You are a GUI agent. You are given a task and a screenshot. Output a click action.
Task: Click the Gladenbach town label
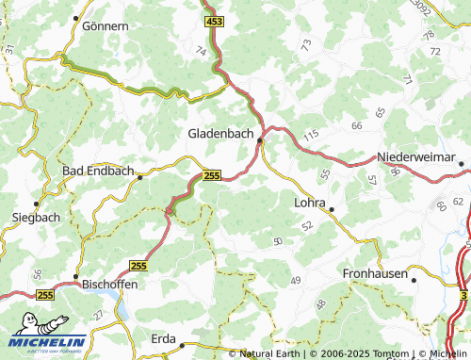pos(220,135)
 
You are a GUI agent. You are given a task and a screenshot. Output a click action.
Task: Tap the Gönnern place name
pos(105,26)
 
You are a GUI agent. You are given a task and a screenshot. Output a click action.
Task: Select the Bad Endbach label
pos(95,172)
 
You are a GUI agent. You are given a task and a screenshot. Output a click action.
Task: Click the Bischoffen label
pos(110,283)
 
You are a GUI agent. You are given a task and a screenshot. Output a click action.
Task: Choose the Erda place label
pos(164,336)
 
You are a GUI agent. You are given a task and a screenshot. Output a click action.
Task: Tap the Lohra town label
pos(309,203)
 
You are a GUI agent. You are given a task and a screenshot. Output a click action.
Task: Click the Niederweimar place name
pos(414,155)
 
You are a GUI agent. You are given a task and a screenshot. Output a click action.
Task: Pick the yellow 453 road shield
pos(214,20)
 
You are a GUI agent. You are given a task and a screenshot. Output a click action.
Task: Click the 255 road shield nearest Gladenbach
pos(212,175)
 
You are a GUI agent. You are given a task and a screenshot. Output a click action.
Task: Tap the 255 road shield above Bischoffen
pos(138,267)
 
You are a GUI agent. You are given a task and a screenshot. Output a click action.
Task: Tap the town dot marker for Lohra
pos(331,209)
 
